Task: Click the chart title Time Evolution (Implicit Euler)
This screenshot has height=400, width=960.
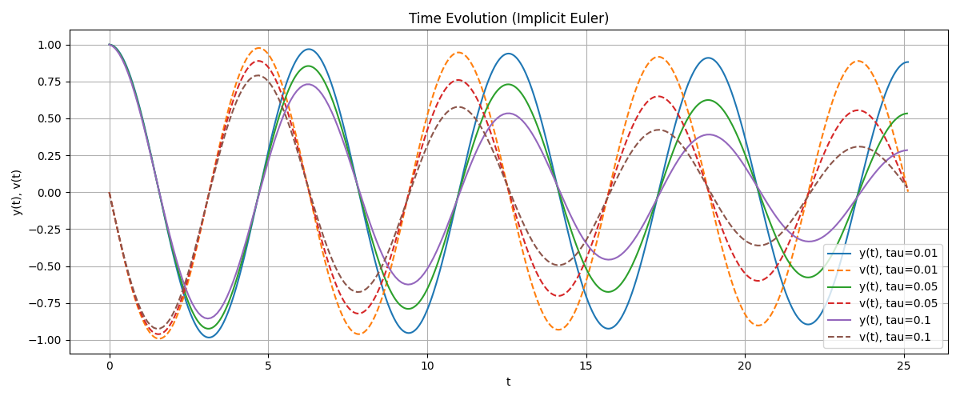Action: pyautogui.click(x=509, y=18)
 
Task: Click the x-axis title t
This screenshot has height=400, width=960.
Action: pyautogui.click(x=509, y=382)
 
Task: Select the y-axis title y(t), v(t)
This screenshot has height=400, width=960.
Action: pyautogui.click(x=17, y=192)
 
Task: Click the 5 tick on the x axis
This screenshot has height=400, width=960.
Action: pyautogui.click(x=268, y=365)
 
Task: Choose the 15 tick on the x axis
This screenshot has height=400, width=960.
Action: pyautogui.click(x=586, y=365)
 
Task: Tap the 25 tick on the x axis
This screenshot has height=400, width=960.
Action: pyautogui.click(x=903, y=365)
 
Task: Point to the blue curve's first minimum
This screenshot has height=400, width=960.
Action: pyautogui.click(x=210, y=338)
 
